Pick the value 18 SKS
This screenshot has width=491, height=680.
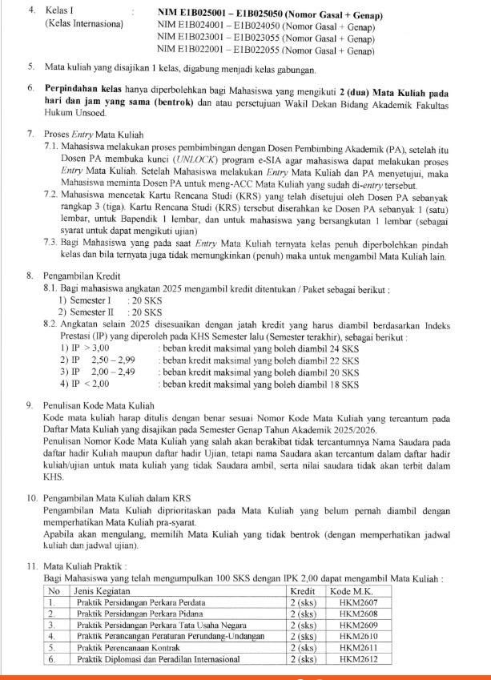tap(345, 384)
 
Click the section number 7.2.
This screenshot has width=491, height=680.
tap(52, 195)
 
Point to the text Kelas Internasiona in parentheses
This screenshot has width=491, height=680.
tap(85, 26)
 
